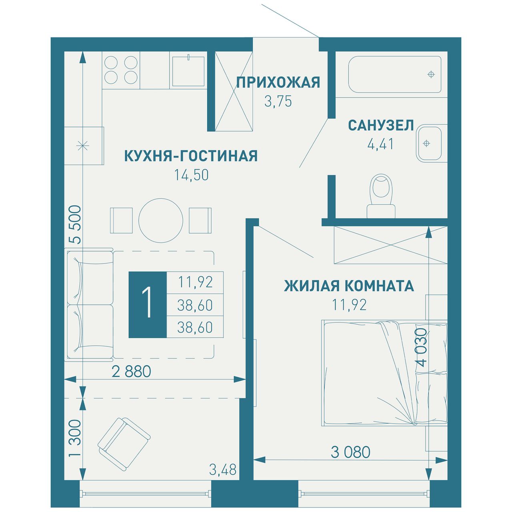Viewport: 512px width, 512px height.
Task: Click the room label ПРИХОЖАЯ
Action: pyautogui.click(x=278, y=82)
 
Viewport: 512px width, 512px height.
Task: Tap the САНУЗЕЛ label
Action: pyautogui.click(x=381, y=126)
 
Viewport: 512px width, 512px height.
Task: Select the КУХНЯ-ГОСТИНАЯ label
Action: pyautogui.click(x=191, y=156)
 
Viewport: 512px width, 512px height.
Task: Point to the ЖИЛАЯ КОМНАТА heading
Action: pyautogui.click(x=349, y=286)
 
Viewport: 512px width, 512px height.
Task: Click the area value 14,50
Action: pyautogui.click(x=191, y=175)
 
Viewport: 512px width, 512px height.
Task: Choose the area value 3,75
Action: pyautogui.click(x=278, y=101)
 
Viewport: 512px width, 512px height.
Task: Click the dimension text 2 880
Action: pyautogui.click(x=131, y=371)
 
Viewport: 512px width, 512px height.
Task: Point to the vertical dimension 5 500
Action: pyautogui.click(x=75, y=224)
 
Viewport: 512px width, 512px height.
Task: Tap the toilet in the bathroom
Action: pyautogui.click(x=381, y=197)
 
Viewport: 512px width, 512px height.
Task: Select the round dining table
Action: pyautogui.click(x=161, y=220)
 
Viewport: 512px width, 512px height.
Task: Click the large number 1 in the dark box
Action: pyautogui.click(x=147, y=302)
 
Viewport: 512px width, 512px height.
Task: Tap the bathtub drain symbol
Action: pyautogui.click(x=431, y=74)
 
